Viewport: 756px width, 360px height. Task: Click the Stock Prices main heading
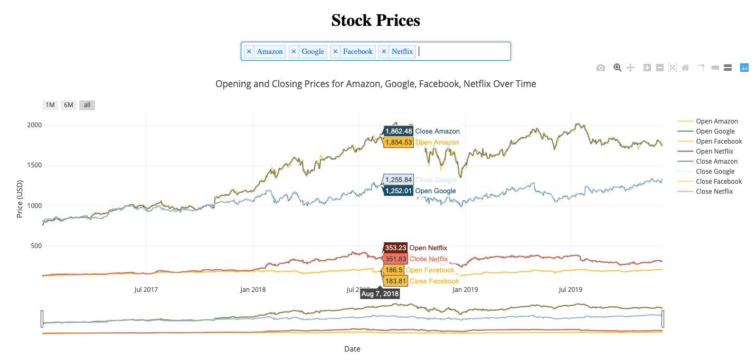pos(375,21)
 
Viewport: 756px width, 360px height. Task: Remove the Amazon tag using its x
pos(249,51)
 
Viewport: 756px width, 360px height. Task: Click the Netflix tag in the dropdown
pos(402,51)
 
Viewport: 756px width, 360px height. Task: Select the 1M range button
pos(50,105)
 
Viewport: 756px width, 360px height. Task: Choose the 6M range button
pos(69,105)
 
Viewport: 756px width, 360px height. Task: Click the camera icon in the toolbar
pos(600,68)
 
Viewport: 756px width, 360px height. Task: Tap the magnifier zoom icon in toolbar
pos(617,68)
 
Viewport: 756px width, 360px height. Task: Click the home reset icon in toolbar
pos(685,68)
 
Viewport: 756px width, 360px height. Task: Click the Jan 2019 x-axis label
pos(465,289)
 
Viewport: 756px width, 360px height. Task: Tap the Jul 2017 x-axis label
pos(146,289)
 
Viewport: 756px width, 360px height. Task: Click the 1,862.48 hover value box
pos(398,131)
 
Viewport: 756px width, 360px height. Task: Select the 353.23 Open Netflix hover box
pos(395,248)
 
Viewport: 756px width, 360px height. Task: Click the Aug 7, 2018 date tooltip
pos(380,294)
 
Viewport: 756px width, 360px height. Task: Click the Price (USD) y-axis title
pos(20,198)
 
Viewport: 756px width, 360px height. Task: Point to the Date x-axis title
pos(352,349)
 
